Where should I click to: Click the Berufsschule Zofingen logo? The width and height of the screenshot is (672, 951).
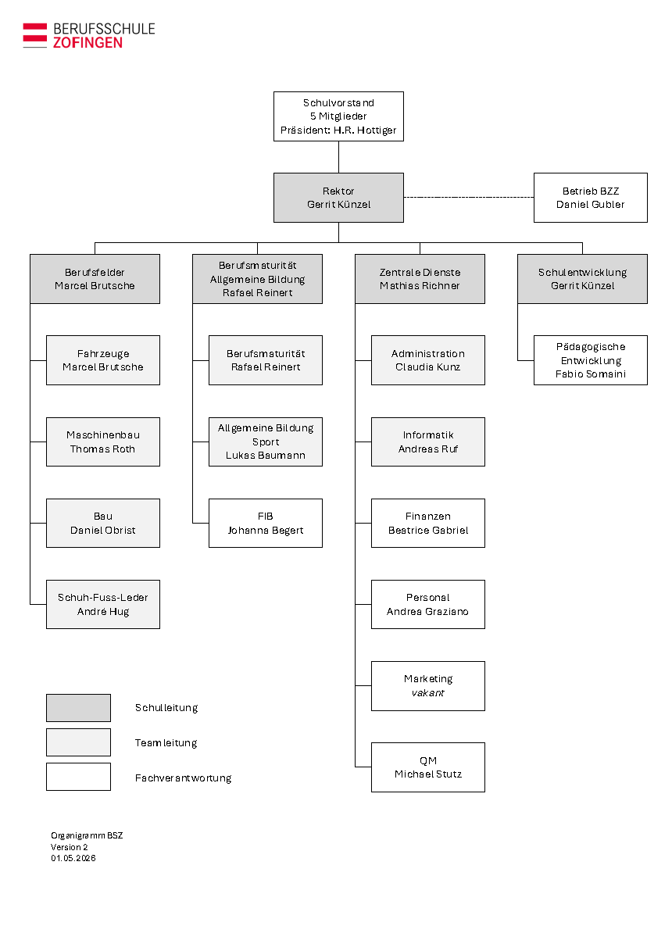pyautogui.click(x=89, y=35)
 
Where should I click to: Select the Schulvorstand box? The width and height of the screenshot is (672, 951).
pyautogui.click(x=338, y=116)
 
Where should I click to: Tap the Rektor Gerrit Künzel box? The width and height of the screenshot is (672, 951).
pyautogui.click(x=338, y=198)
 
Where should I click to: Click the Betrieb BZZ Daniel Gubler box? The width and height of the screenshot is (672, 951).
pyautogui.click(x=590, y=198)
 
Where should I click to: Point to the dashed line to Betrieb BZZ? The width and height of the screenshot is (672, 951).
pyautogui.click(x=469, y=197)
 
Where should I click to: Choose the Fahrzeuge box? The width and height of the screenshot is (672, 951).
pyautogui.click(x=102, y=360)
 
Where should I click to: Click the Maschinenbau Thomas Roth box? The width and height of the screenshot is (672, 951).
pyautogui.click(x=102, y=442)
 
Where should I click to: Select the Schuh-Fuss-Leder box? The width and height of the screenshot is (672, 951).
pyautogui.click(x=102, y=604)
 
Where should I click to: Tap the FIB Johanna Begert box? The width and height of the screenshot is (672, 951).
pyautogui.click(x=266, y=523)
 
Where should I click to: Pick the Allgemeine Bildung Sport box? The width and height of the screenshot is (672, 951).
pyautogui.click(x=266, y=442)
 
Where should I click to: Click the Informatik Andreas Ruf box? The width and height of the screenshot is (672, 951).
pyautogui.click(x=428, y=442)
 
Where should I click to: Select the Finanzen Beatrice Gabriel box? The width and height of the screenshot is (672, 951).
pyautogui.click(x=428, y=523)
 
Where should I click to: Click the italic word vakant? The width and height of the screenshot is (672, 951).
pyautogui.click(x=427, y=693)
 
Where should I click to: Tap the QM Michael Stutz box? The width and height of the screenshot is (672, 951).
pyautogui.click(x=428, y=767)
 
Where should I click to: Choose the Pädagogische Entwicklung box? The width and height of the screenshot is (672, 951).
pyautogui.click(x=590, y=360)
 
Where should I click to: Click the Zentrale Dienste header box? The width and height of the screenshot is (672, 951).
pyautogui.click(x=420, y=279)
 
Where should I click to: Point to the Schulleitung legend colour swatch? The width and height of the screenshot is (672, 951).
pyautogui.click(x=79, y=708)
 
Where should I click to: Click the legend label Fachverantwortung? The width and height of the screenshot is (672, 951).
pyautogui.click(x=183, y=778)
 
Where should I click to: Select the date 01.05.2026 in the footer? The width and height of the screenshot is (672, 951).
pyautogui.click(x=73, y=858)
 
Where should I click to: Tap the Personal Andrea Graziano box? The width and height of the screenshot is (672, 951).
pyautogui.click(x=428, y=604)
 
